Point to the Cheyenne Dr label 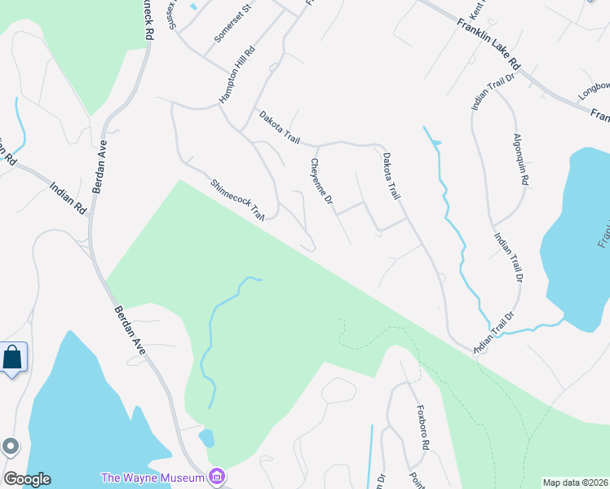pyautogui.click(x=321, y=182)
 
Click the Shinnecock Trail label pyautogui.click(x=238, y=200)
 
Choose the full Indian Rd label pyautogui.click(x=69, y=196)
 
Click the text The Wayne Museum pyautogui.click(x=152, y=477)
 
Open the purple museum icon pyautogui.click(x=217, y=475)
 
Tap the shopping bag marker pyautogui.click(x=13, y=358)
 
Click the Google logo pyautogui.click(x=27, y=479)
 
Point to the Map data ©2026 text pyautogui.click(x=574, y=482)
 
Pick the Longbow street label pyautogui.click(x=595, y=86)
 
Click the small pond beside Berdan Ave pyautogui.click(x=206, y=438)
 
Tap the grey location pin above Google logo pyautogui.click(x=10, y=446)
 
